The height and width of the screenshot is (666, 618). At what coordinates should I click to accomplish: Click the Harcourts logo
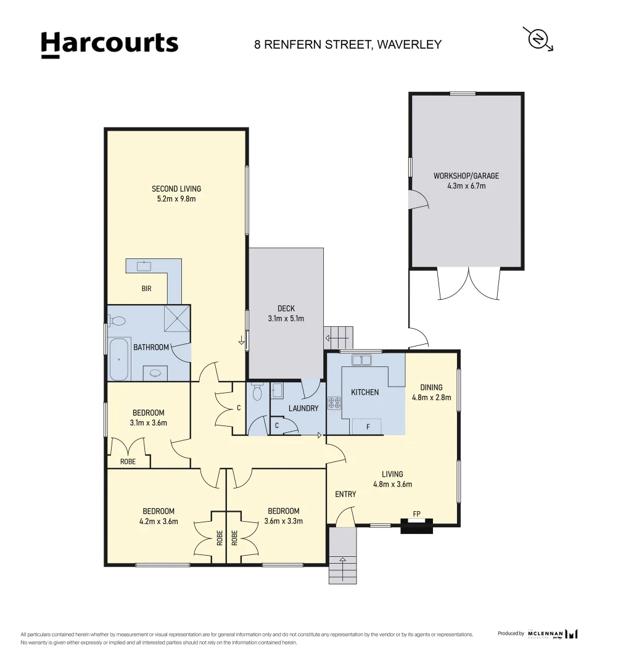(x=109, y=44)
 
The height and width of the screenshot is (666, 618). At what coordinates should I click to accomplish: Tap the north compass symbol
(x=538, y=39)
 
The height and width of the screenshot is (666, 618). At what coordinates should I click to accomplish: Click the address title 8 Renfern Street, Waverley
(x=348, y=44)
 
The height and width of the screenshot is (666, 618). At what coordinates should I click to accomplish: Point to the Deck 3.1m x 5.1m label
(x=286, y=313)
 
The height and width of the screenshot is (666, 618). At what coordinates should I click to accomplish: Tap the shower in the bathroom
(x=177, y=319)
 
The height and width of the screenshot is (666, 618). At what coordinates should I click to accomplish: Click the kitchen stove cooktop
(x=334, y=403)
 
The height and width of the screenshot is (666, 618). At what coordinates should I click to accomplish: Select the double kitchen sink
(x=361, y=360)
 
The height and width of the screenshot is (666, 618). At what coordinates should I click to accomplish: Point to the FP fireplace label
(x=416, y=513)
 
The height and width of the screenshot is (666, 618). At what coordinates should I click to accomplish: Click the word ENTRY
(x=345, y=494)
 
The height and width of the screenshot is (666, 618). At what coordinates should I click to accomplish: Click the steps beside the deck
(x=339, y=337)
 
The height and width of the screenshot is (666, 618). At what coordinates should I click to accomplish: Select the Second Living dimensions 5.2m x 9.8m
(x=176, y=199)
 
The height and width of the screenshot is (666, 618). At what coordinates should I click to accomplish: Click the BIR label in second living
(x=146, y=289)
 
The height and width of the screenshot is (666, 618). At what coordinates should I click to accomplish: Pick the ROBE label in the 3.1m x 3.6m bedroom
(x=128, y=461)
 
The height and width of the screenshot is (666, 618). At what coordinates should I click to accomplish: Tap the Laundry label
(x=303, y=408)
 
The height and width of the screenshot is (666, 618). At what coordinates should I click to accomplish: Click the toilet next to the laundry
(x=257, y=392)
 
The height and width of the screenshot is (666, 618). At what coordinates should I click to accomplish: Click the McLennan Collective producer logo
(x=553, y=633)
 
